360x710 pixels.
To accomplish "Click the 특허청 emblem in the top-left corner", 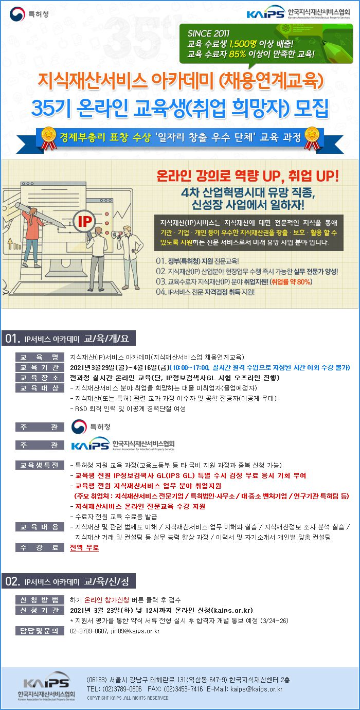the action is (x=17, y=14).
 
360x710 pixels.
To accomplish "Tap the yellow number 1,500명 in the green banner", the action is (x=243, y=44).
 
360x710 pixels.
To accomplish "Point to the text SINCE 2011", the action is (x=208, y=33).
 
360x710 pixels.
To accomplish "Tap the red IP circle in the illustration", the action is (x=85, y=222).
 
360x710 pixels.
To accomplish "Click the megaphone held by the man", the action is (x=116, y=234).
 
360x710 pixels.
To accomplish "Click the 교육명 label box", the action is (x=40, y=357).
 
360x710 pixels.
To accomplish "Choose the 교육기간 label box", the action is (x=40, y=367).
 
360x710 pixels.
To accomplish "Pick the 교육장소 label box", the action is (x=40, y=378).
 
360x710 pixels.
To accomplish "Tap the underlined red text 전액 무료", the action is (x=84, y=547).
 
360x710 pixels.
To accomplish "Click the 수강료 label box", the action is (x=40, y=547).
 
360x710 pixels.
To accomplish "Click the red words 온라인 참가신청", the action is (x=107, y=600).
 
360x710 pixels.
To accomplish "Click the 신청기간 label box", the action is (x=40, y=610).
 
